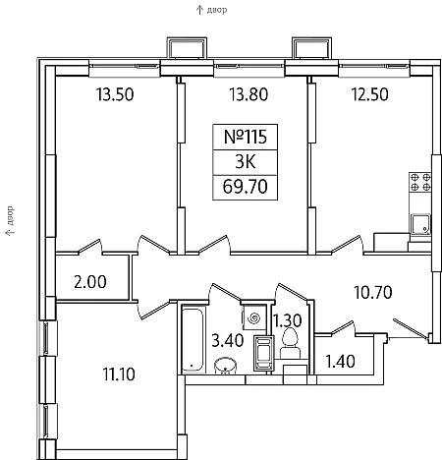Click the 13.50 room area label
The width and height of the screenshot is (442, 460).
[115, 94]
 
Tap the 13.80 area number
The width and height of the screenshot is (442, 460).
[249, 94]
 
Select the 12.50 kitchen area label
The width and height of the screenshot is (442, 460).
[370, 94]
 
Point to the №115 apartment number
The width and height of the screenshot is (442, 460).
[246, 137]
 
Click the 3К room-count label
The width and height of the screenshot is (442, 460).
[246, 161]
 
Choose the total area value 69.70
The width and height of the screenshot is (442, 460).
[246, 187]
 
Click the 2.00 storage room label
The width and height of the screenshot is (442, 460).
[90, 282]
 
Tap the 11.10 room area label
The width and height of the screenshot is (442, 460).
[119, 374]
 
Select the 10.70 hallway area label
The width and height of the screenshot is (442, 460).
[373, 293]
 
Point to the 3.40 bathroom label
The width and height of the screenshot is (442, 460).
[228, 340]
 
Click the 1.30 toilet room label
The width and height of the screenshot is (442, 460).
[288, 320]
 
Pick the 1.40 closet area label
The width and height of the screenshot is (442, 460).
[340, 362]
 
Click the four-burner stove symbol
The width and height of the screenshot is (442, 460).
[420, 183]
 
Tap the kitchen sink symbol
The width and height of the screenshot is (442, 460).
[421, 224]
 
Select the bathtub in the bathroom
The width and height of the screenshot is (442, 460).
[193, 339]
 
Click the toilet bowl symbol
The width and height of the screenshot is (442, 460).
[290, 343]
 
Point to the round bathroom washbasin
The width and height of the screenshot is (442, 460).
[225, 366]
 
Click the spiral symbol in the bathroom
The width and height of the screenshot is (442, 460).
[254, 318]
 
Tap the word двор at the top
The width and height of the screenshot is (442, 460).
[217, 10]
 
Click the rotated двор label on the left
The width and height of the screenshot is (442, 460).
[10, 216]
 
